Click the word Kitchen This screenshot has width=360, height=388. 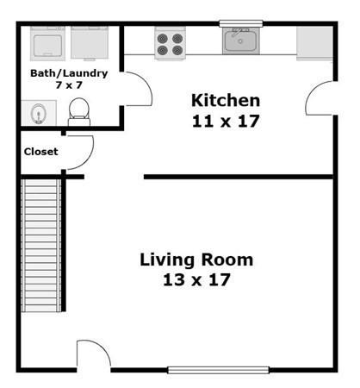point(226,100)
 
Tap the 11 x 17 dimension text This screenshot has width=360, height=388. point(226,121)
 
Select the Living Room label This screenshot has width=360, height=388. point(196,260)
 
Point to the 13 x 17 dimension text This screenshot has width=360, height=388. point(196,279)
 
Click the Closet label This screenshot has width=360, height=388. point(41,152)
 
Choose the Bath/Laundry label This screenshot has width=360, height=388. point(69,73)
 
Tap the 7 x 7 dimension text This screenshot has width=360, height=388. point(69,85)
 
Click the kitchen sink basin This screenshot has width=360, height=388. point(241,41)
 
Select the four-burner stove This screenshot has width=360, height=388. point(170,43)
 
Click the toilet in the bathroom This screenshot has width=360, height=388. point(79,111)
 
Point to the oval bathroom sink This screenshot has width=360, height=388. point(39,113)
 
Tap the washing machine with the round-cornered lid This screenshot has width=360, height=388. point(47,43)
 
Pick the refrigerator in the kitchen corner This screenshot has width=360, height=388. point(314,43)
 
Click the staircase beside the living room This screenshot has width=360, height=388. point(41,245)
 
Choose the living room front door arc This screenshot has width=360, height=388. point(101,348)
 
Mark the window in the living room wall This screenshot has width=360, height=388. point(218,370)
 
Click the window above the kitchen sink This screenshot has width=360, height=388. point(241,23)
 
